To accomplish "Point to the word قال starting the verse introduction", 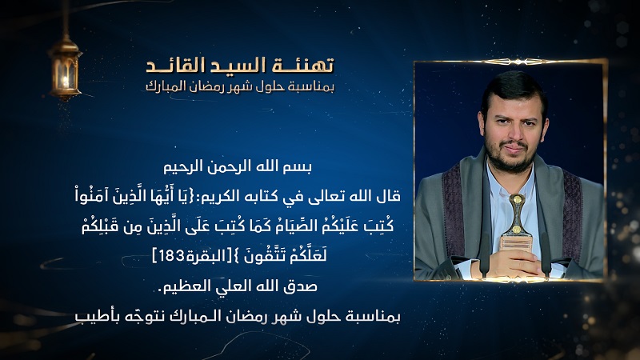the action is (x=389, y=196).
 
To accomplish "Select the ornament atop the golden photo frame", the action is (x=517, y=62).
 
